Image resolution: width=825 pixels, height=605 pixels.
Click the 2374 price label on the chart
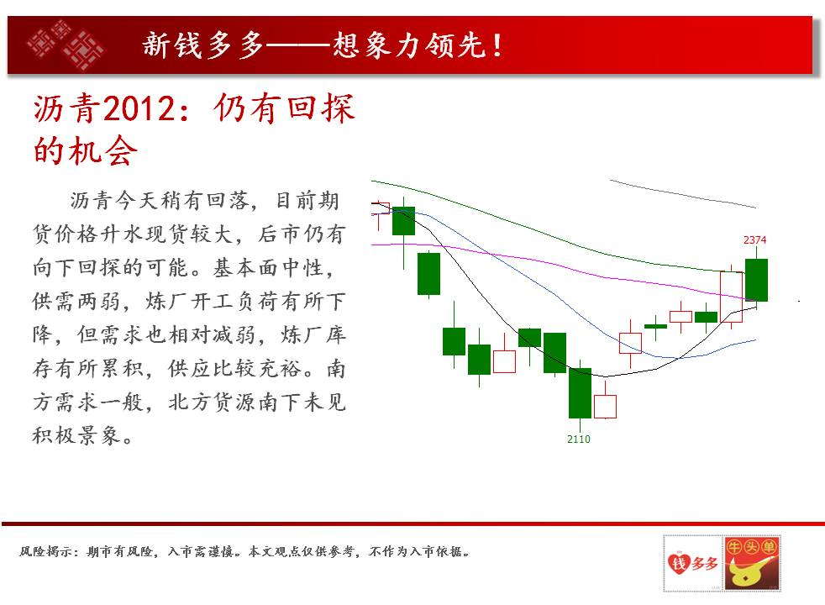coord(754,239)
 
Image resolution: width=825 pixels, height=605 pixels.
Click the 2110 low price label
coord(578,439)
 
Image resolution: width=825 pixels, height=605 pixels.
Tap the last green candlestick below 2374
coord(757,280)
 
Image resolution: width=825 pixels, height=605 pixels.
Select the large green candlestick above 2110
coord(580,392)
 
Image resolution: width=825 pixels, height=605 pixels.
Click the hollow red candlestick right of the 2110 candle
coord(605,406)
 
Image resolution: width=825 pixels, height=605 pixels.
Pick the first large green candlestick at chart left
coord(403,221)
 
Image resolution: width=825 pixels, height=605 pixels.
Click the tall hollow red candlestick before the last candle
coord(732,297)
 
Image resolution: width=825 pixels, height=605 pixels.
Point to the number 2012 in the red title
coord(139,109)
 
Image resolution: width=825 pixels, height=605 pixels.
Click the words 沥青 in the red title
coord(67,109)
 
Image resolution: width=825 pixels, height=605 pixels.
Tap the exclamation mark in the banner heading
coord(497,45)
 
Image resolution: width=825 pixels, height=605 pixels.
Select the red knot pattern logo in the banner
coord(66,45)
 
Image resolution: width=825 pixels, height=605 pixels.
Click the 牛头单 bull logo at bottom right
coord(751,563)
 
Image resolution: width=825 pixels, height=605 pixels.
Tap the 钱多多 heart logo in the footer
coord(693,563)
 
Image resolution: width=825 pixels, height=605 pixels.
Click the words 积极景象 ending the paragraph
coord(76,435)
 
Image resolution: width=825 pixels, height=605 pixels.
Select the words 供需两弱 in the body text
coord(76,302)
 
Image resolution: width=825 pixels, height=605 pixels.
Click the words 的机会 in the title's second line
coord(85,151)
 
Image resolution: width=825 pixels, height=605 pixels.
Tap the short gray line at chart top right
coord(683,193)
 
